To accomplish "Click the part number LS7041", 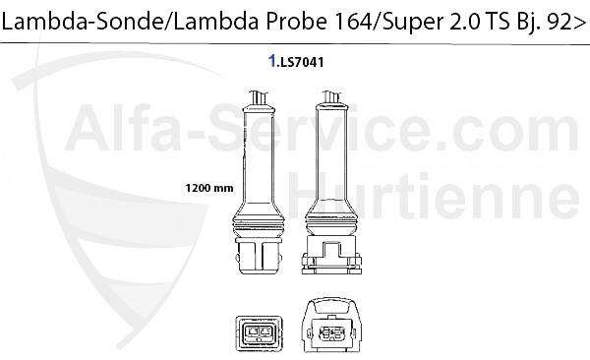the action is [x=300, y=62].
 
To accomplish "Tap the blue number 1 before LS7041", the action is [x=272, y=61].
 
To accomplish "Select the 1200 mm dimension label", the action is [x=209, y=188].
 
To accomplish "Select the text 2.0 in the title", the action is [x=464, y=22].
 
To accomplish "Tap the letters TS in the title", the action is [x=499, y=22].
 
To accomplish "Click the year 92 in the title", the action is [x=557, y=22].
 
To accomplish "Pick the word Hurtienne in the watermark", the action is [x=434, y=196].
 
